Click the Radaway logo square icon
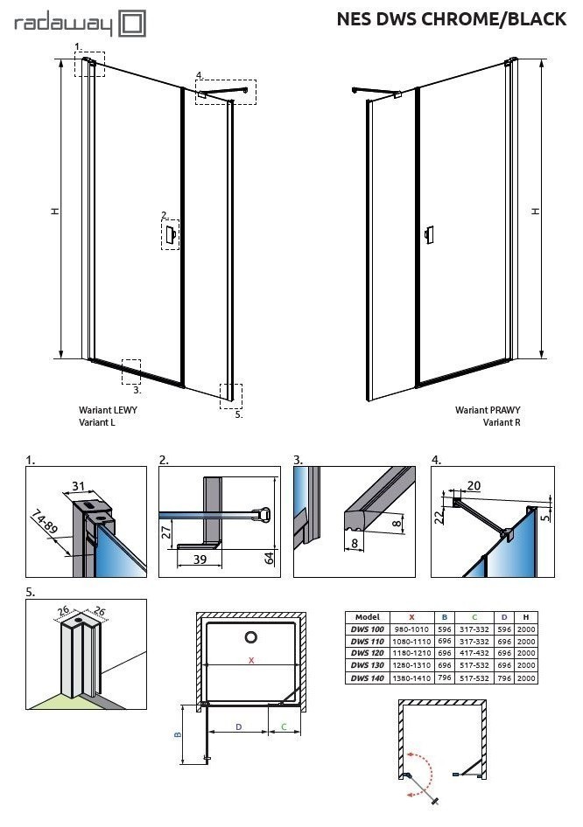point(132,24)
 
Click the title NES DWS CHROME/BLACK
point(451,19)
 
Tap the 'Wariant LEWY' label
point(108,409)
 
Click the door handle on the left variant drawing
point(172,234)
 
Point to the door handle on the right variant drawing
point(427,235)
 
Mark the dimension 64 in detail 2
point(270,557)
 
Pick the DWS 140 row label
point(366,678)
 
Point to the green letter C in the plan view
point(284,726)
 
